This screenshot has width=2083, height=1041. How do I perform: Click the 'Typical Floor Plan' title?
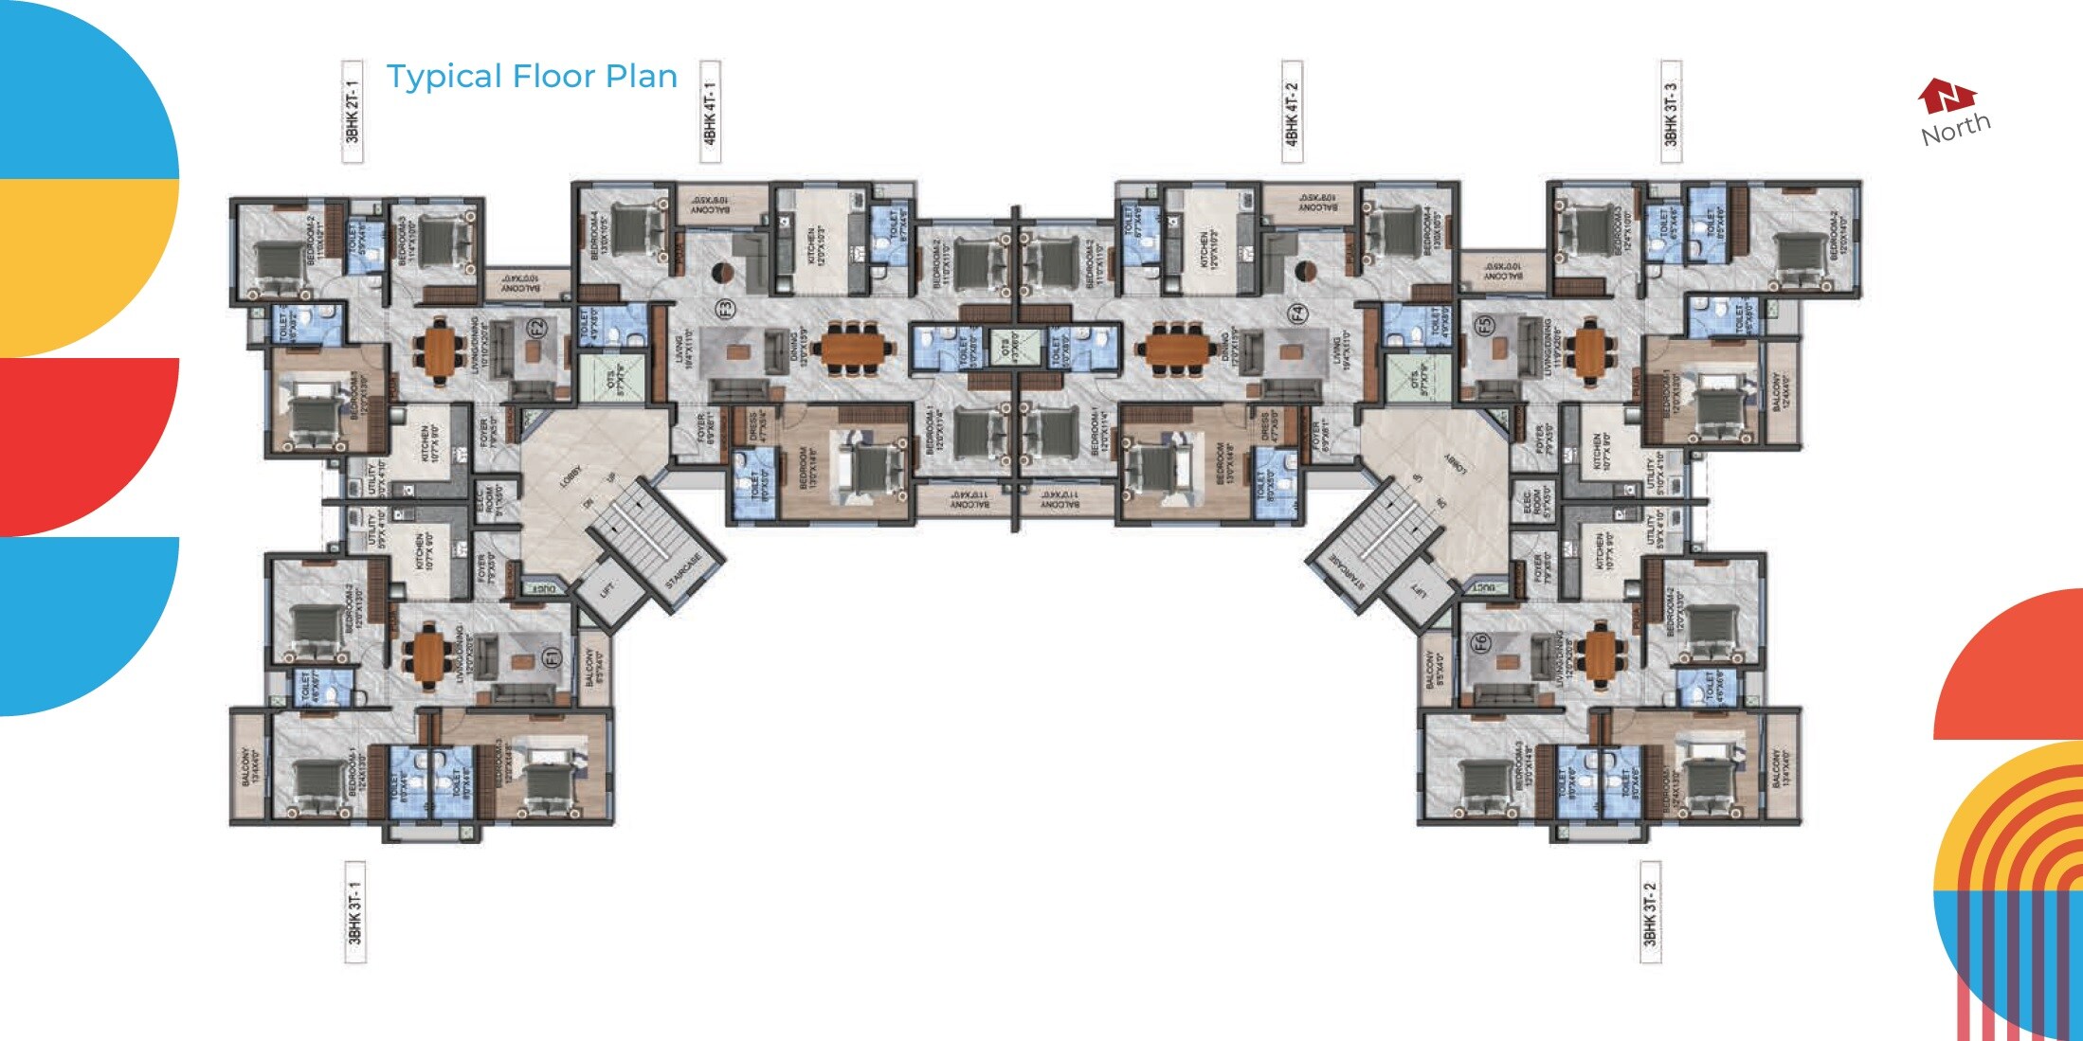532,77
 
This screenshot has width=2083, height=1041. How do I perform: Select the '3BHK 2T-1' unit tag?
353,112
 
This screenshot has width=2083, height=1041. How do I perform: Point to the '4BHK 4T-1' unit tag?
710,112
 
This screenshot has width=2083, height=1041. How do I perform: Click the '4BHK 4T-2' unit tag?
1292,112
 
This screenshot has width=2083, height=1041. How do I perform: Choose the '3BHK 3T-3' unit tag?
1671,112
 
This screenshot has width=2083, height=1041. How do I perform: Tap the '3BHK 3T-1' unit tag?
354,912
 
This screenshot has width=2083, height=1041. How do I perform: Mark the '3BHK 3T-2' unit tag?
1650,912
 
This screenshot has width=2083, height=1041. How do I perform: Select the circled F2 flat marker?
537,329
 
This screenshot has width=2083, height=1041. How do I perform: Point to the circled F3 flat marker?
725,309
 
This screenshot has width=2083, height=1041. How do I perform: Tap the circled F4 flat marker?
1297,312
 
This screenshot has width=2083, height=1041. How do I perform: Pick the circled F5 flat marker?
1484,325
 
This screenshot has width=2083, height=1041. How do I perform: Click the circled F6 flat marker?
1480,643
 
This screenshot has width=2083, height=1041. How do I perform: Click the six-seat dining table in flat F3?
856,349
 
